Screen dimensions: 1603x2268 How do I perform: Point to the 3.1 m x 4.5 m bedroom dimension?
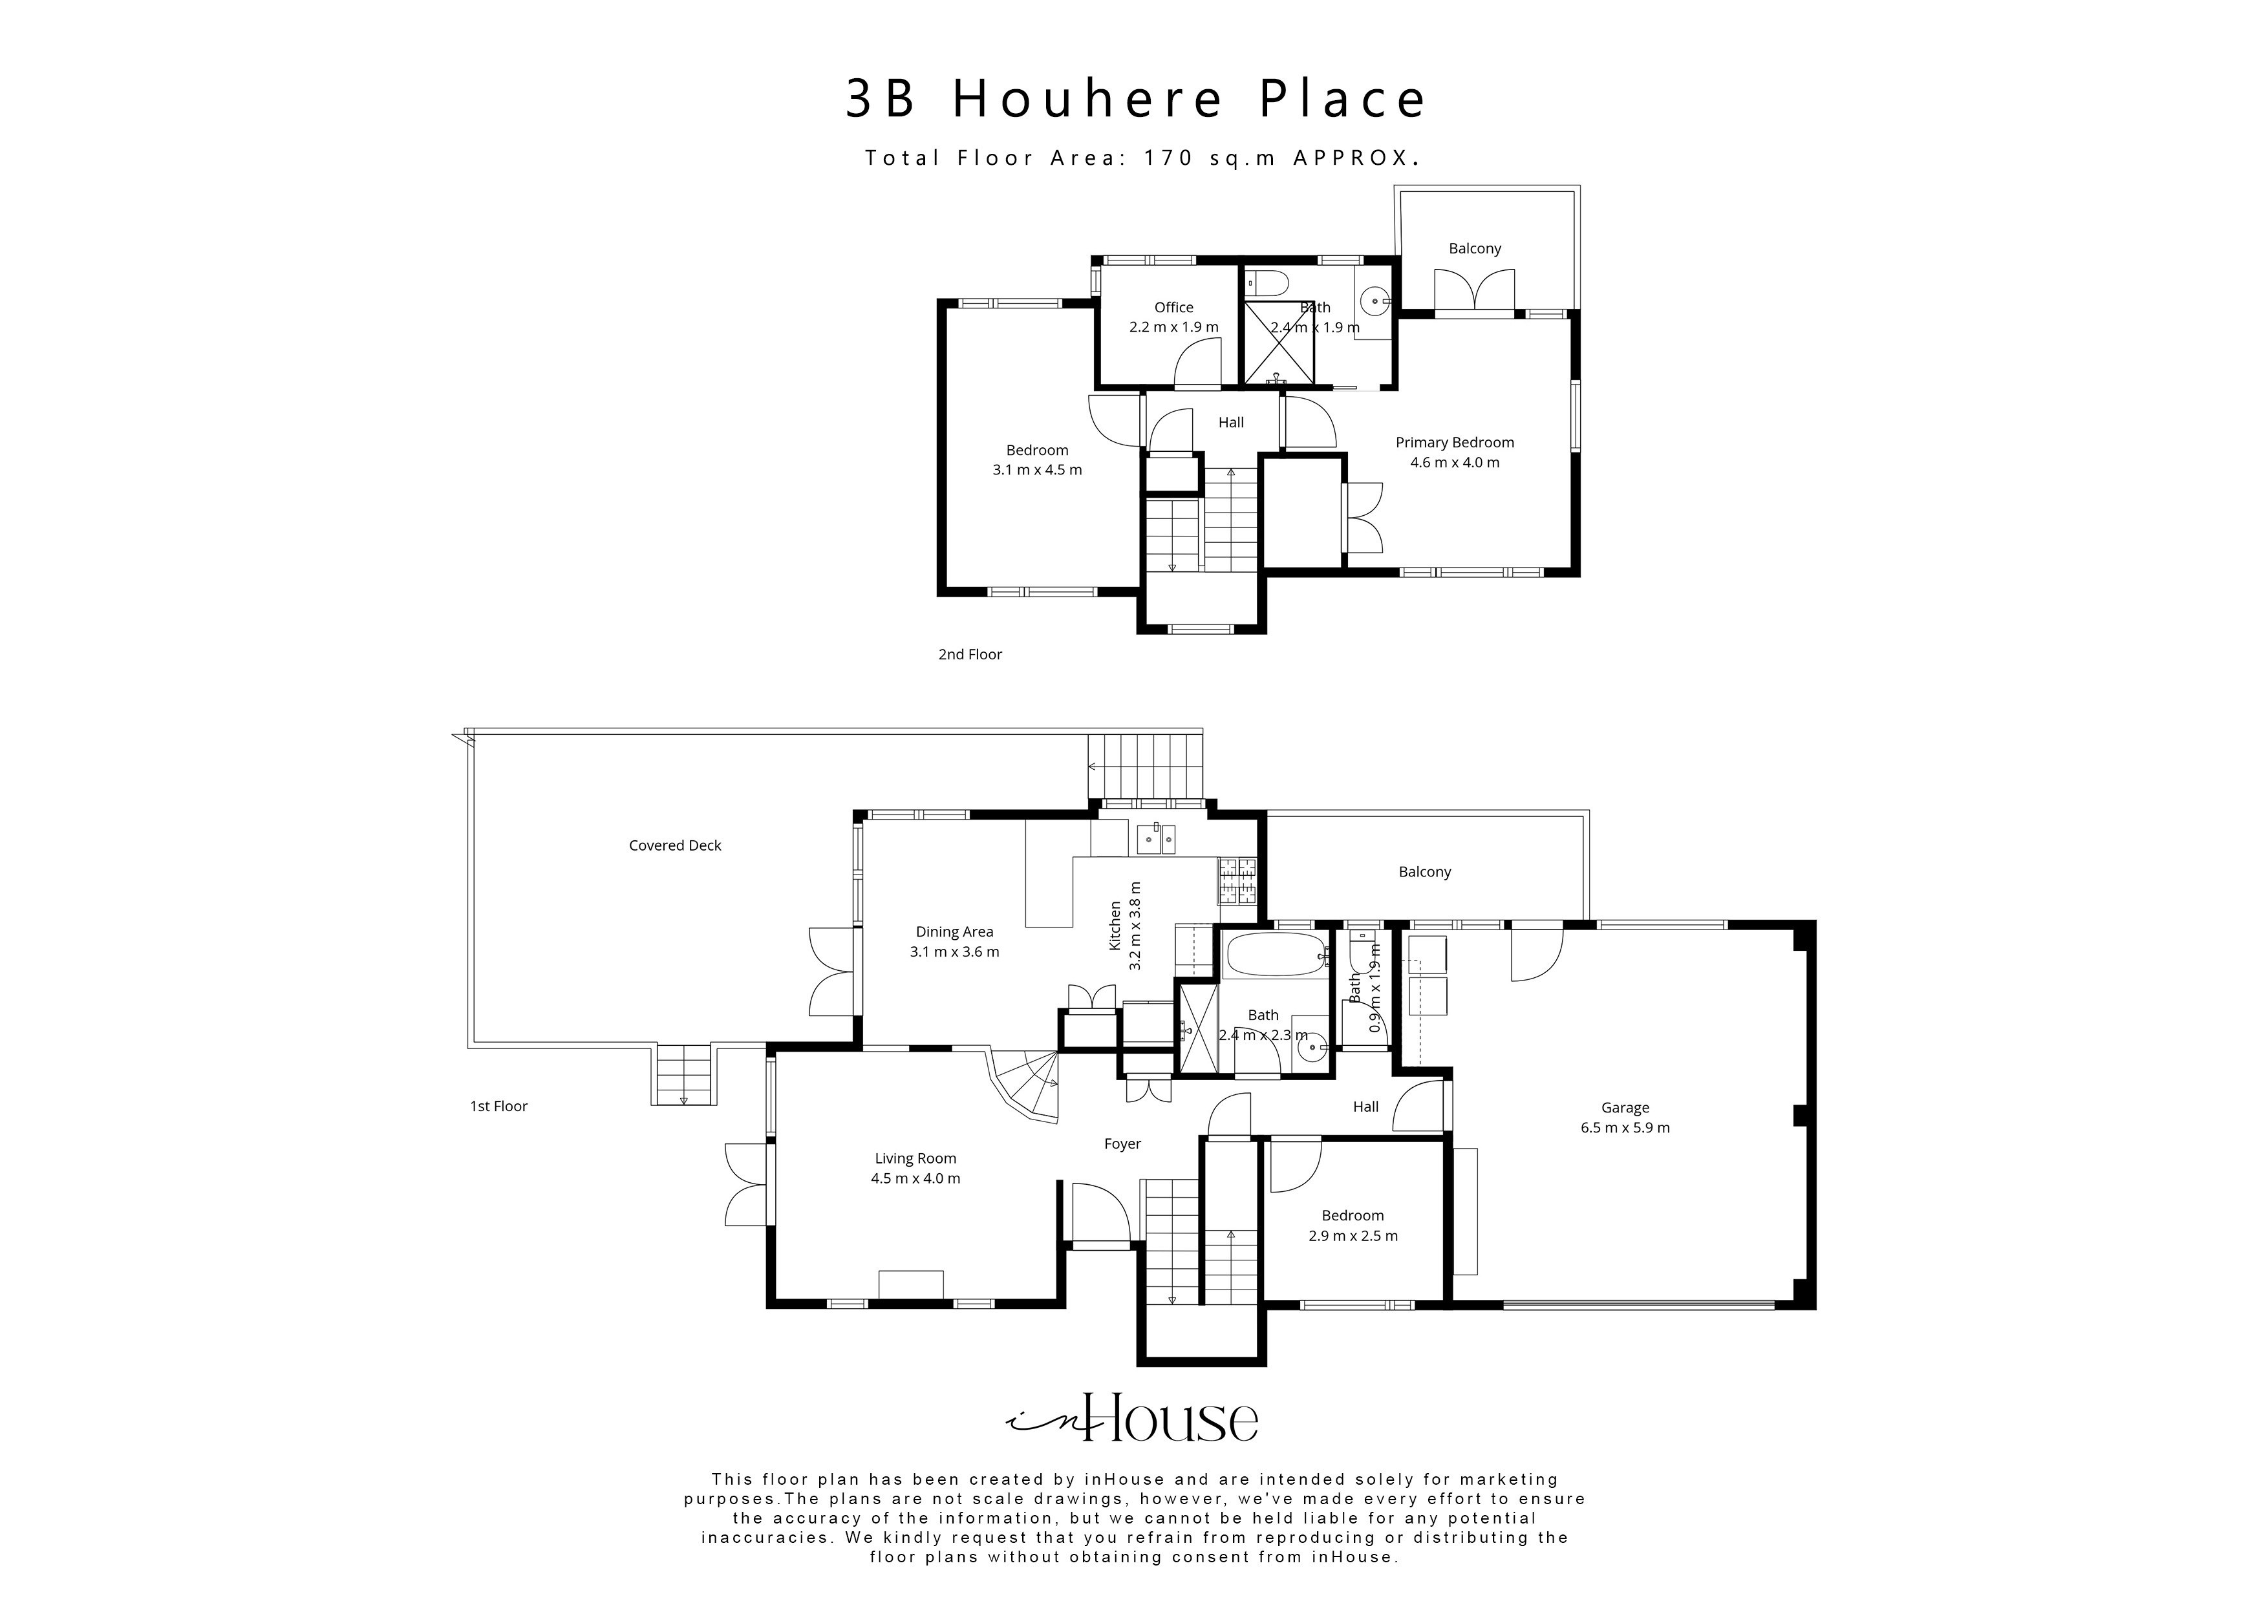point(1037,470)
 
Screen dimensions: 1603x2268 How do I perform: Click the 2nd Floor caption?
point(969,654)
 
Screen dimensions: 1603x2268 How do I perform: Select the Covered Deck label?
point(675,845)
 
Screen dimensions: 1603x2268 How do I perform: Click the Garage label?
point(1625,1107)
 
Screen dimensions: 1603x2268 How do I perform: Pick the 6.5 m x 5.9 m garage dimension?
point(1625,1128)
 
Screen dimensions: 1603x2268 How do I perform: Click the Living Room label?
point(915,1158)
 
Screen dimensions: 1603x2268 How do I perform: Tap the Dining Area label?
point(954,931)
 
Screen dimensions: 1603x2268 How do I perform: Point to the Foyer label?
point(1122,1143)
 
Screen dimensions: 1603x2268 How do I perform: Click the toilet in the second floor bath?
point(1267,284)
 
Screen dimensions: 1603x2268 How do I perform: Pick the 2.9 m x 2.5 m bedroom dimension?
point(1353,1236)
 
